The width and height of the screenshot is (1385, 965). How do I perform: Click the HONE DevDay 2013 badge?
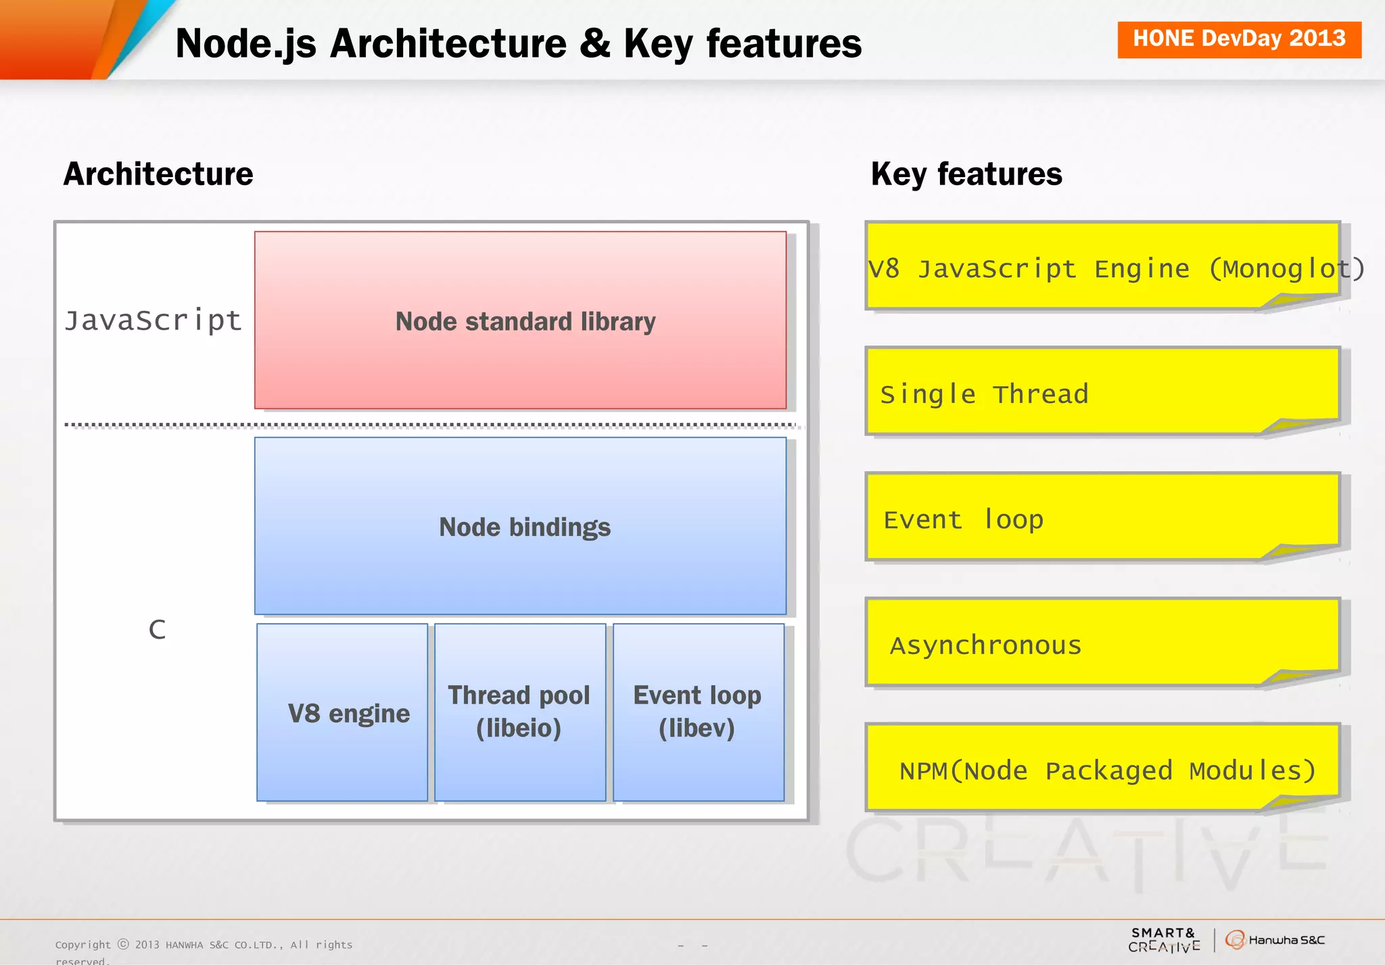pos(1239,39)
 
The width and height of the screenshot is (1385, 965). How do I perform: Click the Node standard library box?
pos(520,320)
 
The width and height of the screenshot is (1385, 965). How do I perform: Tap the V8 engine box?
pos(343,712)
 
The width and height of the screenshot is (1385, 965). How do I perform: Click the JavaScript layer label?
pos(153,320)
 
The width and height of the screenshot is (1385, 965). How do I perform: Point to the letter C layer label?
pos(157,630)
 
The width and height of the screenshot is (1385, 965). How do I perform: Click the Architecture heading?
pos(158,174)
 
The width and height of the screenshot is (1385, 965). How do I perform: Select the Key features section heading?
pos(966,174)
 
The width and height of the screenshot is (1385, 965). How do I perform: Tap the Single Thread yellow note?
pos(1102,392)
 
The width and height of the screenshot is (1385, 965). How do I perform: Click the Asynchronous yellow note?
pos(1102,643)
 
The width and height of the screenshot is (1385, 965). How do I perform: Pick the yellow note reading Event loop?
pos(1102,518)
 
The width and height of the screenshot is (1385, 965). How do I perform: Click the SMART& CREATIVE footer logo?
pos(1164,939)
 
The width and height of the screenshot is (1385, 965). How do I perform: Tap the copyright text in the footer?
pos(204,945)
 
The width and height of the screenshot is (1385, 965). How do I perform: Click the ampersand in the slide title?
pos(595,43)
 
